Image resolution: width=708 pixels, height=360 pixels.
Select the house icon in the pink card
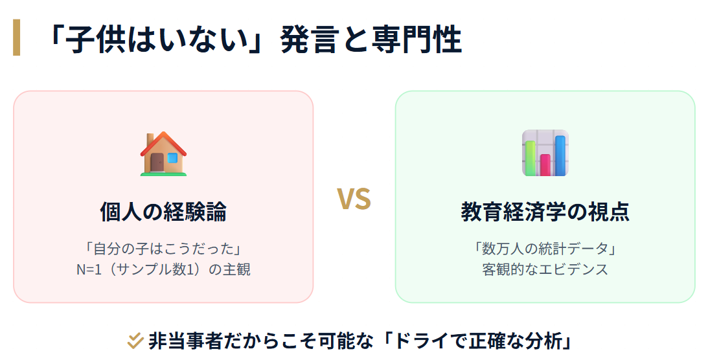coord(163,153)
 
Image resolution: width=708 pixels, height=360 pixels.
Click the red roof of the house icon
coord(163,142)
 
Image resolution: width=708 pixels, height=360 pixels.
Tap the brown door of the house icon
coord(157,162)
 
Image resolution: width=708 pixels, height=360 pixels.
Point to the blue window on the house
coord(172,157)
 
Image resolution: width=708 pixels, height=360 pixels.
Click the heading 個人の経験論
coord(163,212)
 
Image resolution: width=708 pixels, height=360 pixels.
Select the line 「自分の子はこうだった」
coord(163,249)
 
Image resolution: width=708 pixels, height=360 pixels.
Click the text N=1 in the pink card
coord(89,269)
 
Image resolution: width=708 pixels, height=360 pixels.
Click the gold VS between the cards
coord(354,199)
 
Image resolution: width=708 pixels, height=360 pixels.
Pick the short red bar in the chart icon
coord(545,164)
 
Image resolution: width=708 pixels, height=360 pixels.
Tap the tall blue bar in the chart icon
coord(560,155)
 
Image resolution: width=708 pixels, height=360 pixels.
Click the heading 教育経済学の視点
coord(545,212)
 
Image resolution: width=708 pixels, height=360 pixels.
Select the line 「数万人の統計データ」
coord(545,249)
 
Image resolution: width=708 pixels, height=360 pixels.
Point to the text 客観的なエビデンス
coord(545,269)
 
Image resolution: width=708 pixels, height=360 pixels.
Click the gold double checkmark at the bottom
coord(135,340)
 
